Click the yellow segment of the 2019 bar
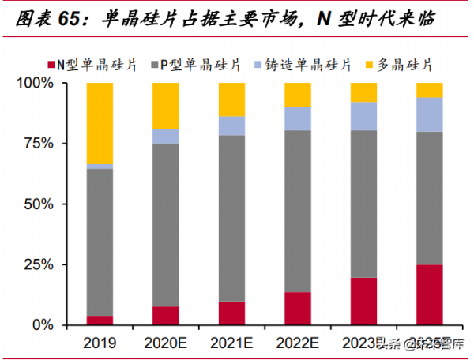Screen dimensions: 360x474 100,122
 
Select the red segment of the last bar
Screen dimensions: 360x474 430,294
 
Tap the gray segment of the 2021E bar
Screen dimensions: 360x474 231,218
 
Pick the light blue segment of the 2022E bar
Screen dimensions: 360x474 298,118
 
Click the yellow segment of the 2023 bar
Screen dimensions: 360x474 363,92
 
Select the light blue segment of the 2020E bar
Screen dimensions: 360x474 166,136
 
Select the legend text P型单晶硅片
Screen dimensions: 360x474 201,63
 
